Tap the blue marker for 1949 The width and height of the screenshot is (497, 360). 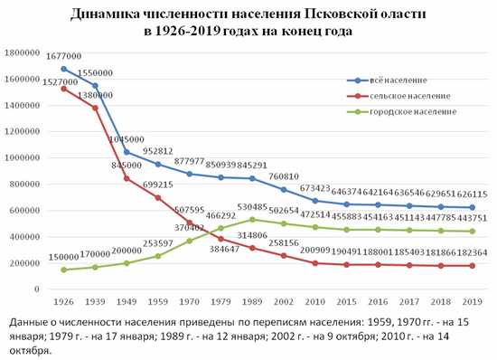click(127, 152)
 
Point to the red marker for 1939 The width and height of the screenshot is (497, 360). click(95, 108)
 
